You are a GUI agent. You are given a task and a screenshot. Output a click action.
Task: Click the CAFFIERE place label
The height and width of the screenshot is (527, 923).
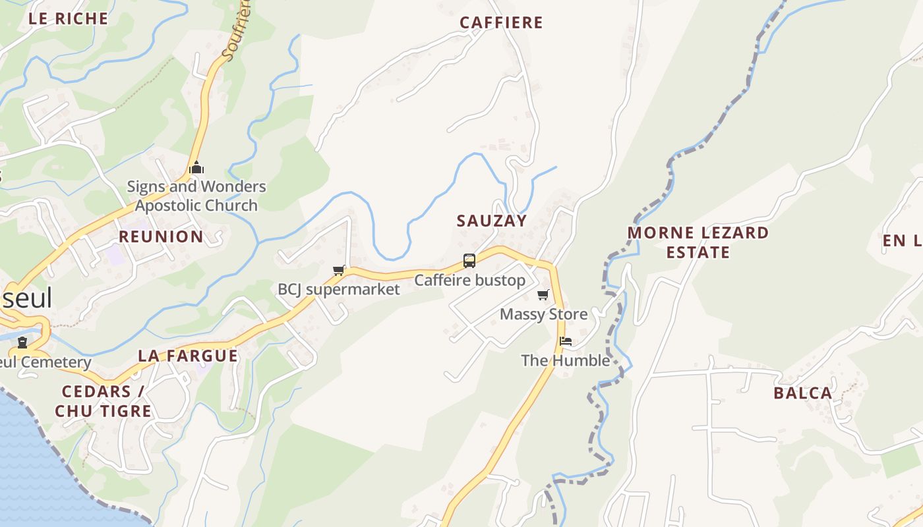tap(501, 22)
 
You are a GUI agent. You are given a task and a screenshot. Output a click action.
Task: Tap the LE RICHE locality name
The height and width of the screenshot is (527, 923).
tap(68, 18)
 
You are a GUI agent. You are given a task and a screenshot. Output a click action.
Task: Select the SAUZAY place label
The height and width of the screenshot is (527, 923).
tap(492, 221)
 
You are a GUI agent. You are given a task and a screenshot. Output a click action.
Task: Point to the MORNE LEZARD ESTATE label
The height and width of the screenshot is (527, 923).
tap(698, 242)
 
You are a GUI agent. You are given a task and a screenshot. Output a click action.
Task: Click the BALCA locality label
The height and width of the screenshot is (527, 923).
tap(802, 393)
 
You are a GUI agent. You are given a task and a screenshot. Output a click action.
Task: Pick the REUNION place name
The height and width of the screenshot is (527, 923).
tap(161, 236)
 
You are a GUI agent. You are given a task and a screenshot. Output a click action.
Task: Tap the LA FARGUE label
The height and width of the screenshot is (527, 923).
tap(187, 356)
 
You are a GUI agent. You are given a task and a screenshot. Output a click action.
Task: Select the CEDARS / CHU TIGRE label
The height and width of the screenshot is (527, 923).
tap(104, 401)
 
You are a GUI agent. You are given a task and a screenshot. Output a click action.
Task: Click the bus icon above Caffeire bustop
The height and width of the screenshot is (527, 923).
tap(469, 260)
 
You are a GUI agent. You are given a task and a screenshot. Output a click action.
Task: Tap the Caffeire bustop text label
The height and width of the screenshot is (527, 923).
tap(469, 281)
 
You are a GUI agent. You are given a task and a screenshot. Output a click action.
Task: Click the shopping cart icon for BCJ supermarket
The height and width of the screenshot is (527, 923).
tap(339, 270)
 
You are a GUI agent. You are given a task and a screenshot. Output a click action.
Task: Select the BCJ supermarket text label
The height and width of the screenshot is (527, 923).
tap(339, 289)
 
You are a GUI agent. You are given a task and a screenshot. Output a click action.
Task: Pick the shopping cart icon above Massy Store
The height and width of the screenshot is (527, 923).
tap(543, 294)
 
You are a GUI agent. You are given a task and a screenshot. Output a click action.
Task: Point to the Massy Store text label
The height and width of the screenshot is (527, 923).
tap(543, 314)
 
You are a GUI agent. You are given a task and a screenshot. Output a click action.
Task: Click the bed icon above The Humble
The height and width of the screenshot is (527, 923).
tap(566, 341)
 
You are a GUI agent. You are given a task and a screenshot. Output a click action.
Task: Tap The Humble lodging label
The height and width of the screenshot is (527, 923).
tap(566, 360)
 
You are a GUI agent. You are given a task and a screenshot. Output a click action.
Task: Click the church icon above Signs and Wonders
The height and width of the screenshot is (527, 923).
tap(196, 168)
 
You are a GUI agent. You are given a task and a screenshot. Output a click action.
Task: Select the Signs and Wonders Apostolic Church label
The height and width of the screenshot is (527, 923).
tap(196, 196)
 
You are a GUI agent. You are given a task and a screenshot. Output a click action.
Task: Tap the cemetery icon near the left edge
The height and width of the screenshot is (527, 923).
tap(22, 343)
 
